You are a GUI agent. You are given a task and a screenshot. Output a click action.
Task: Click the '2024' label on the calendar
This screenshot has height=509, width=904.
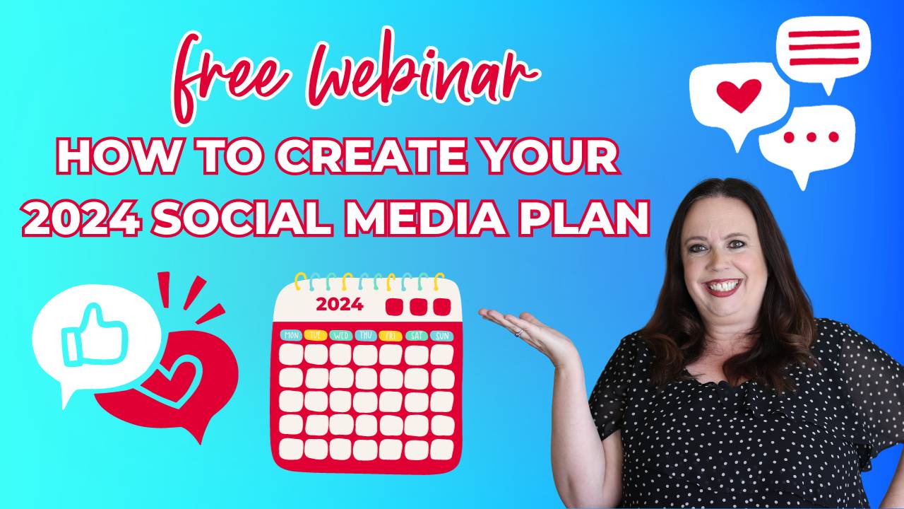pos(340,305)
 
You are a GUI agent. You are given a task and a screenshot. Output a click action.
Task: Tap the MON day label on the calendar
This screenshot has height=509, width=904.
pos(291,335)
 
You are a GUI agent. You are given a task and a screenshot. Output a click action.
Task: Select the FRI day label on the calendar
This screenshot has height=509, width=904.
pos(391,335)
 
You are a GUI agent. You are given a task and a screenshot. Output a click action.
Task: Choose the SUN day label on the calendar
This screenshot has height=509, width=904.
pos(441,335)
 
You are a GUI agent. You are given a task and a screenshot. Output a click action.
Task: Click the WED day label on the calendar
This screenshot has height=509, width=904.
pos(340,335)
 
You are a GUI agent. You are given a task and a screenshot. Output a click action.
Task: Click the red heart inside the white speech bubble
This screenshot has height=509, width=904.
pos(739,95)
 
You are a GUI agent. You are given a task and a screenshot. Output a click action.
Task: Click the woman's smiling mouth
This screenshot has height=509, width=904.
pos(724,287)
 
